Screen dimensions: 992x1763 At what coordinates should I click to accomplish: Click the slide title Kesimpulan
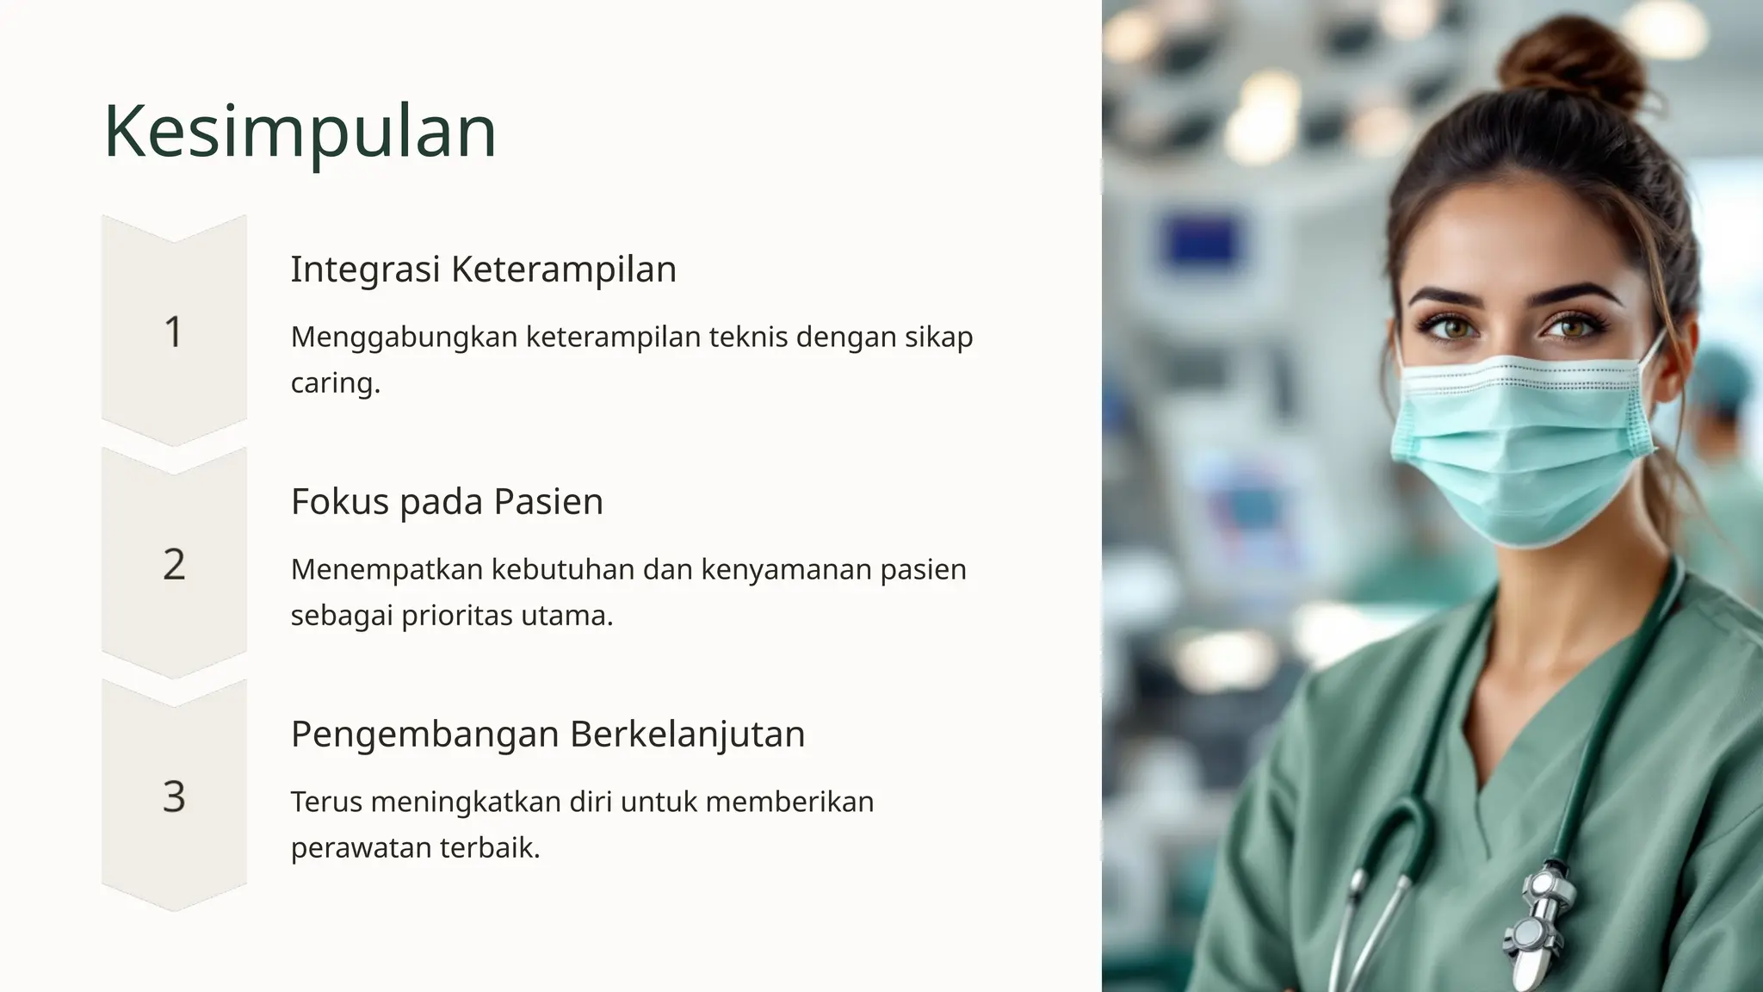(x=300, y=131)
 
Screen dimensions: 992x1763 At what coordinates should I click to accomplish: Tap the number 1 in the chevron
(x=174, y=332)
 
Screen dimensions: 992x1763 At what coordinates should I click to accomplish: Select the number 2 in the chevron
(x=174, y=565)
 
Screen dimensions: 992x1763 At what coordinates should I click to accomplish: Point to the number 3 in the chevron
(x=174, y=797)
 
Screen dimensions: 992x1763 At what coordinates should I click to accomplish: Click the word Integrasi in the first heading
(x=365, y=270)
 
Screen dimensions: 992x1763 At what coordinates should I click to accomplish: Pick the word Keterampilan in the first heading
(x=564, y=270)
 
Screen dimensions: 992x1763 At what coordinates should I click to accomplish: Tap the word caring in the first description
(x=334, y=383)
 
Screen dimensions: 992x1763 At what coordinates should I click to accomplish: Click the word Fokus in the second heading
(x=339, y=501)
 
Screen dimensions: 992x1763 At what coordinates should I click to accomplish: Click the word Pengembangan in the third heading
(x=424, y=735)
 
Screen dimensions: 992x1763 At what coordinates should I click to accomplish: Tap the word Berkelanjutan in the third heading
(x=687, y=735)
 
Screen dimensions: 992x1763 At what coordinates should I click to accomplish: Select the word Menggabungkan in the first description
(x=404, y=338)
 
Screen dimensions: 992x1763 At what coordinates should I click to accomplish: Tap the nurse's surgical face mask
(x=1519, y=448)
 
